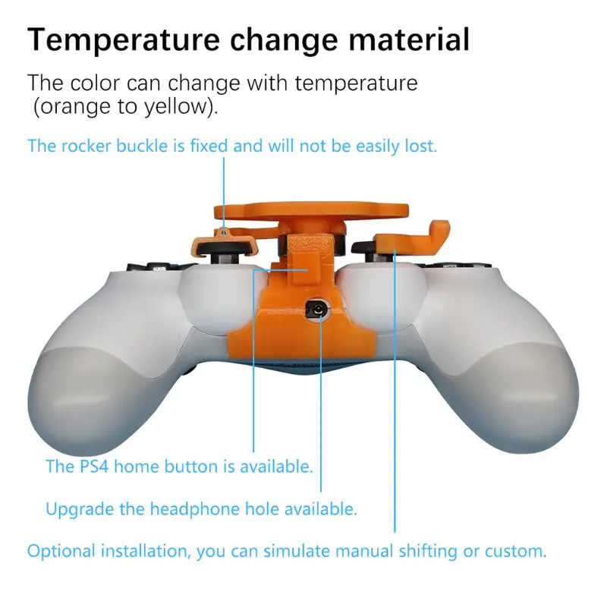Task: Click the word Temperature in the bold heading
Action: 124,39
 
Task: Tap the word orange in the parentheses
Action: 74,107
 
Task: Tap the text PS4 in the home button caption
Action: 94,466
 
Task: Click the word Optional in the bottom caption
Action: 61,551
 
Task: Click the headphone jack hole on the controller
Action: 317,310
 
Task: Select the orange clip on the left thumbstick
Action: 225,244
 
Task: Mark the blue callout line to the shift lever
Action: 395,391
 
